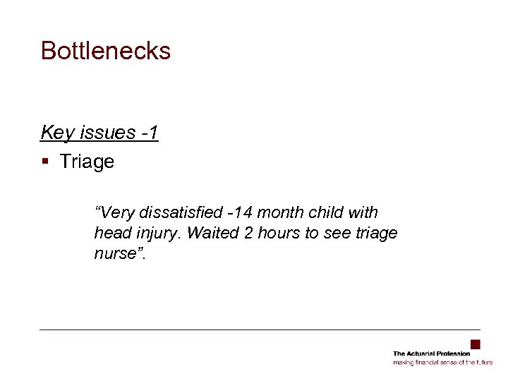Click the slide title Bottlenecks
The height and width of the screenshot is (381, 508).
106,51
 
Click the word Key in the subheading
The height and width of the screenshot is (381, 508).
54,133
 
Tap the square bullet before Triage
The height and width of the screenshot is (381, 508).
44,162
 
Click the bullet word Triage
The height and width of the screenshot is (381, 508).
87,162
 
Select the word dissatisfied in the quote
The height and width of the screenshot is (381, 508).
177,212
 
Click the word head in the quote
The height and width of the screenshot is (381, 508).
110,233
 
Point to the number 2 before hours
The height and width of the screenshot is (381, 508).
240,233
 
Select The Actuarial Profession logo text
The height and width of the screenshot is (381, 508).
431,353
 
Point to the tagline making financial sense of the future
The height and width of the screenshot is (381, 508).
442,362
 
